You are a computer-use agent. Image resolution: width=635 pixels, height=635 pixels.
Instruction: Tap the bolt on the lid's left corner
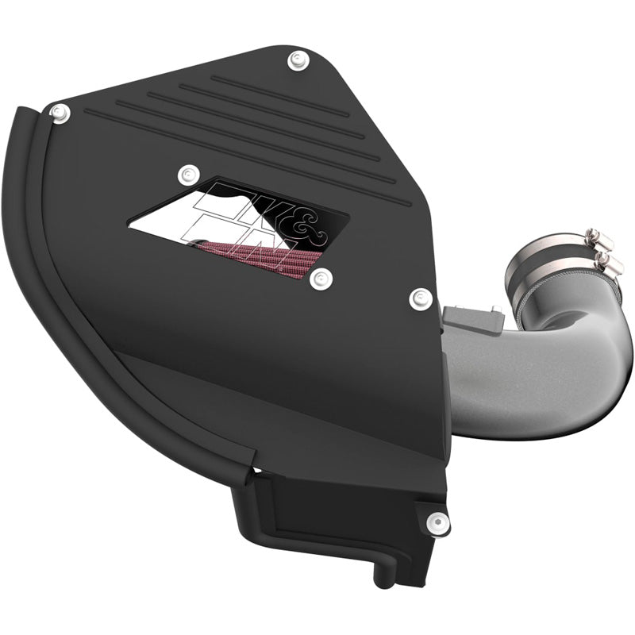57,112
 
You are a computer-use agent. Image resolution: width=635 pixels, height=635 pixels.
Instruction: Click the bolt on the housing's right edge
420,299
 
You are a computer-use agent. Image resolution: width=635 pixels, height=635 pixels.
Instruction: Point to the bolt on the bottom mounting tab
434,521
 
